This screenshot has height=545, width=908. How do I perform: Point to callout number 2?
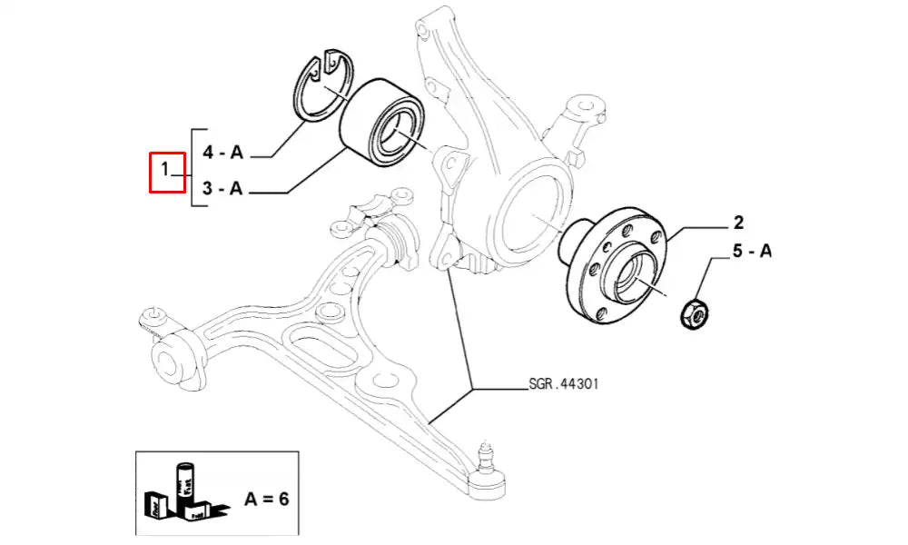point(738,223)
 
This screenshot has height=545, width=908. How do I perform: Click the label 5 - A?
point(751,252)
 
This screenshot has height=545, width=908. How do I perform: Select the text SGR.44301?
point(563,384)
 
